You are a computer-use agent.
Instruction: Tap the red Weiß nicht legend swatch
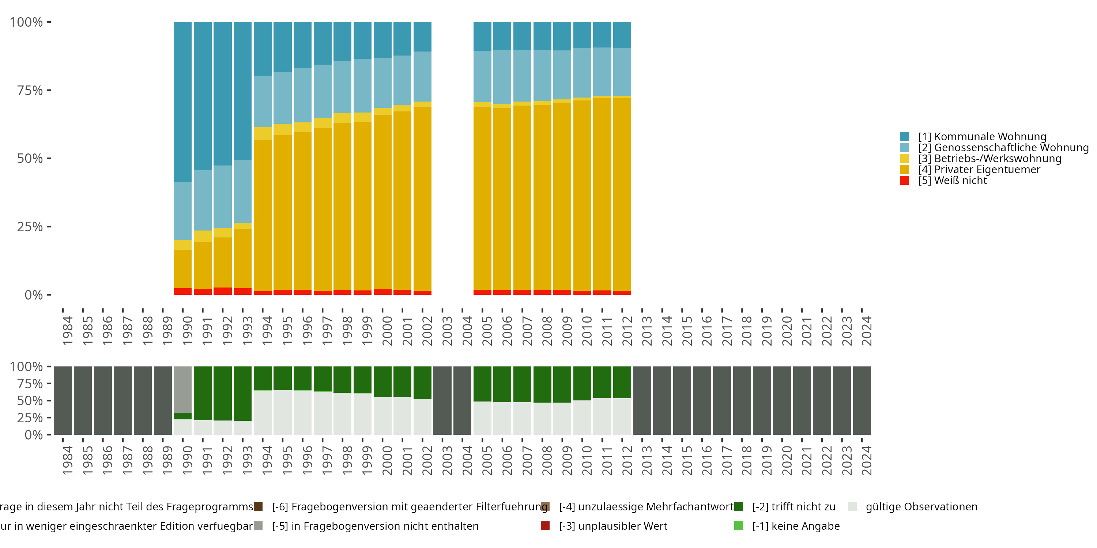point(905,180)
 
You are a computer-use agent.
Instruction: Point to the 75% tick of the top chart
point(30,90)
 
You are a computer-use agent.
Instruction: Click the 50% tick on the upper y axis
point(30,158)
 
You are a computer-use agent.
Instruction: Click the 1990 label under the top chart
point(187,331)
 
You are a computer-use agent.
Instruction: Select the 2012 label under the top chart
point(627,331)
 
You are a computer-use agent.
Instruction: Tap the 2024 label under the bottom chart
point(867,460)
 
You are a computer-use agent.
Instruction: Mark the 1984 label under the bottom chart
point(67,460)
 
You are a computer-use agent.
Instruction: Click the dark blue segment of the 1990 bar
point(183,102)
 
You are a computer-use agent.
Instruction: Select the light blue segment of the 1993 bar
point(243,191)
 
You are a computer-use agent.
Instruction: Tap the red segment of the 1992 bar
point(223,291)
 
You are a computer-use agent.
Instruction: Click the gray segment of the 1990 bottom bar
point(183,389)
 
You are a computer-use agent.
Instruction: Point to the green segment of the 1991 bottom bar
point(203,393)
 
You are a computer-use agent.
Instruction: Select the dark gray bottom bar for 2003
point(442,400)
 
